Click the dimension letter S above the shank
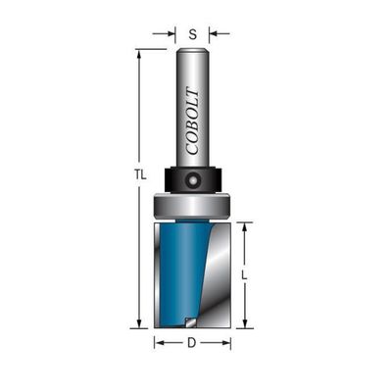coord(193,34)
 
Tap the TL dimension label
coord(140,175)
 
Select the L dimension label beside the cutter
coord(244,275)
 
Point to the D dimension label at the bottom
coord(192,343)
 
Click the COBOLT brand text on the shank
coord(192,121)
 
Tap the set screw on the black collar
coord(192,179)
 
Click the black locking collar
coord(192,179)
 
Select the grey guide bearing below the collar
coord(192,205)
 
